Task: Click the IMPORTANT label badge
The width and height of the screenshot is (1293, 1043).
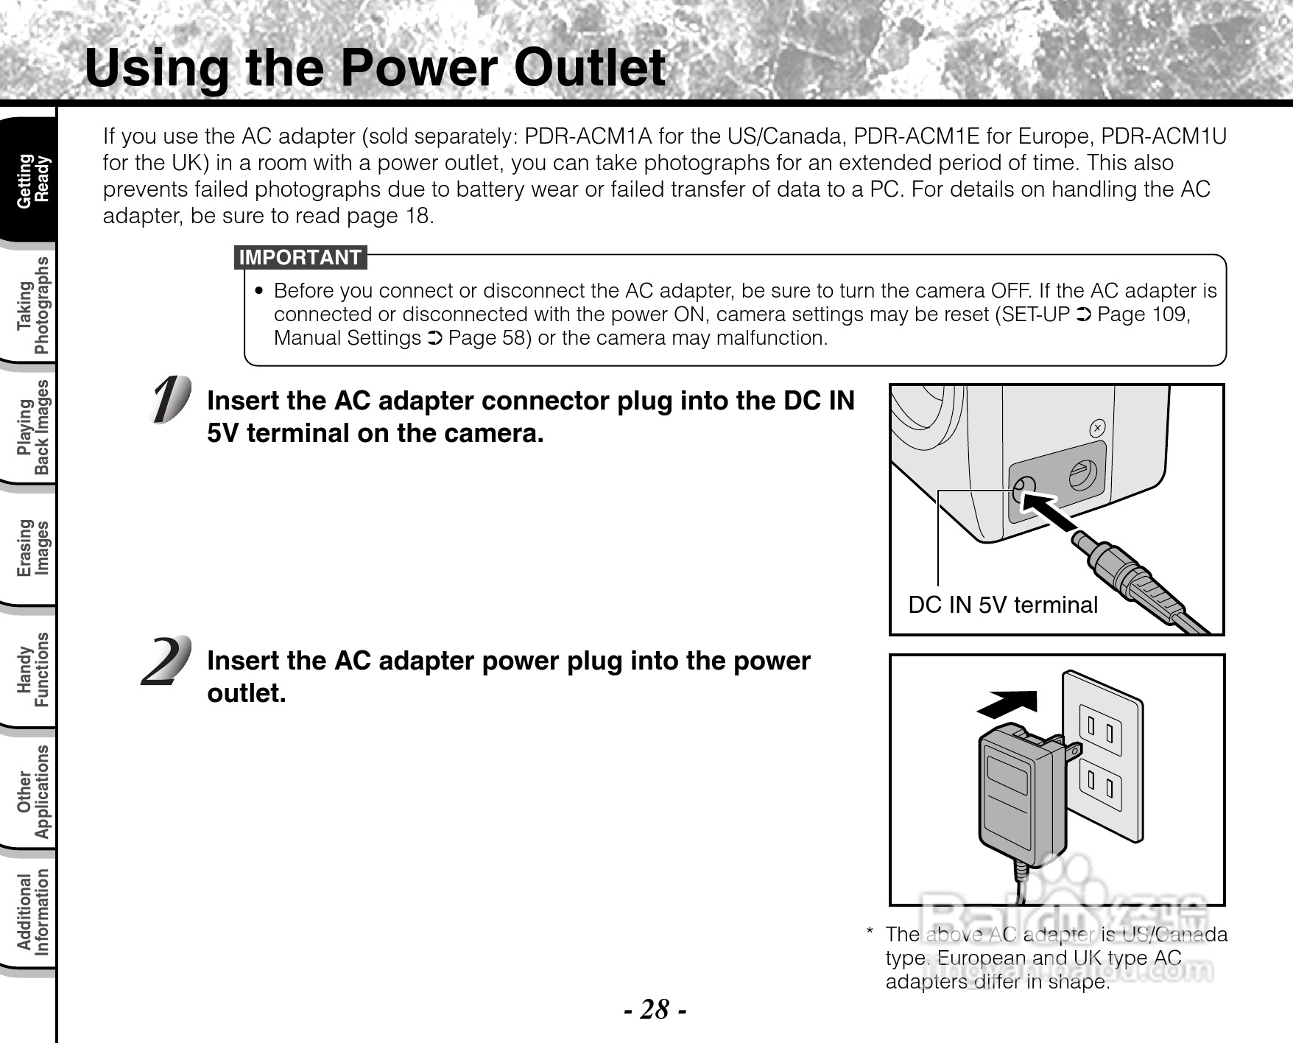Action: [x=300, y=258]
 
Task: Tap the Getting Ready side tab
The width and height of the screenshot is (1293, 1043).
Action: [x=32, y=180]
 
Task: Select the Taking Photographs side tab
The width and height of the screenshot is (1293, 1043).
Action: [x=32, y=305]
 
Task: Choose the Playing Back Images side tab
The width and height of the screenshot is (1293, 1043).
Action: [x=32, y=426]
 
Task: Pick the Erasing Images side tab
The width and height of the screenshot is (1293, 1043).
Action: [x=32, y=547]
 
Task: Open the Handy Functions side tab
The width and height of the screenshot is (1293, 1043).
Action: [x=32, y=669]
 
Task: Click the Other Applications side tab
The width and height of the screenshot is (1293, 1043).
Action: [x=32, y=790]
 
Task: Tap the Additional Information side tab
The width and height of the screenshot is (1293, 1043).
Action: [x=32, y=912]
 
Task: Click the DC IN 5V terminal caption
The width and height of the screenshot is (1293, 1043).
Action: [x=1003, y=605]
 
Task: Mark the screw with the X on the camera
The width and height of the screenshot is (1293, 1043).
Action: [x=1097, y=428]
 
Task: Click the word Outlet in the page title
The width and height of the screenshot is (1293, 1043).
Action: [x=589, y=68]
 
